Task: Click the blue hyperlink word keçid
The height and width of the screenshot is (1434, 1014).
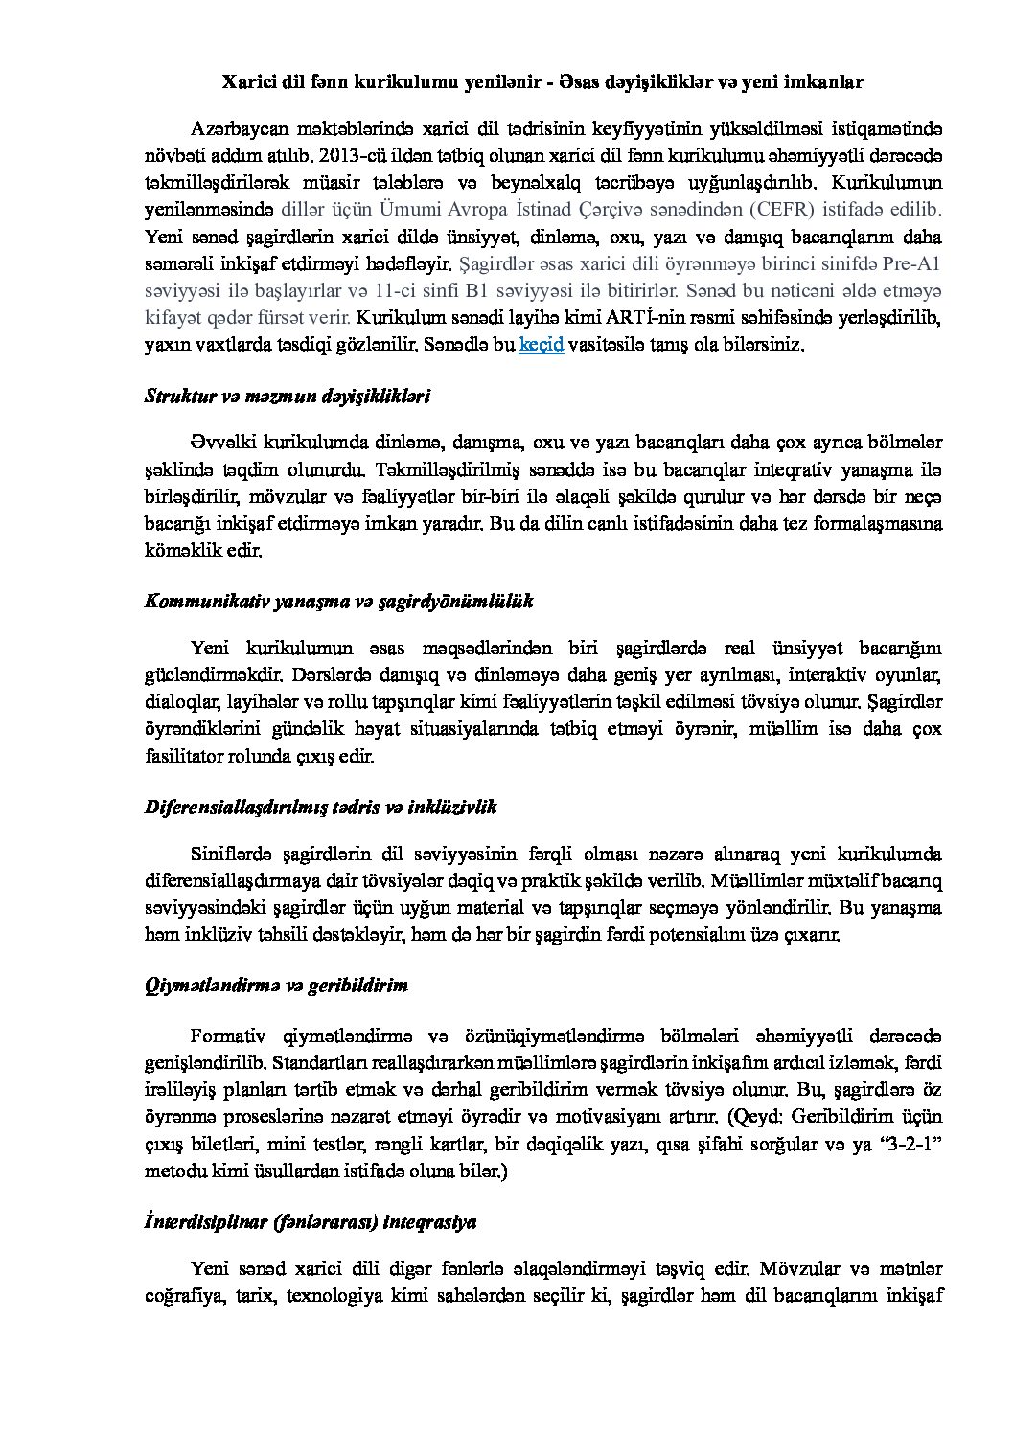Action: tap(541, 345)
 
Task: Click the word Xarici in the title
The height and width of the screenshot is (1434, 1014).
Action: tap(244, 82)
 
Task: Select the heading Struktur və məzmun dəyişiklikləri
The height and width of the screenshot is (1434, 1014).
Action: tap(287, 395)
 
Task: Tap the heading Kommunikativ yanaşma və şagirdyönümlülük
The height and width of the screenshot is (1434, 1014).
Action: tap(338, 601)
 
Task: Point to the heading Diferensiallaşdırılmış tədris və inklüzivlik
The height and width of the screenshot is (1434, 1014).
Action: tap(320, 807)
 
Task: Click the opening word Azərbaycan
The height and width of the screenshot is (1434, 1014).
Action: tap(240, 128)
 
